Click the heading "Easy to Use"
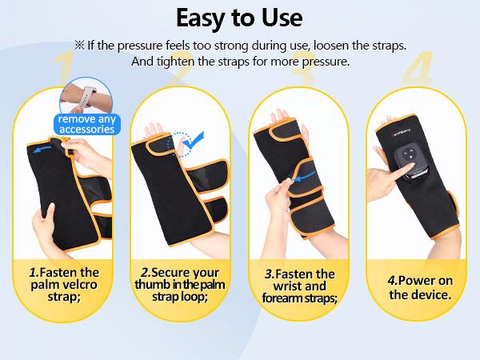[x=240, y=18]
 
